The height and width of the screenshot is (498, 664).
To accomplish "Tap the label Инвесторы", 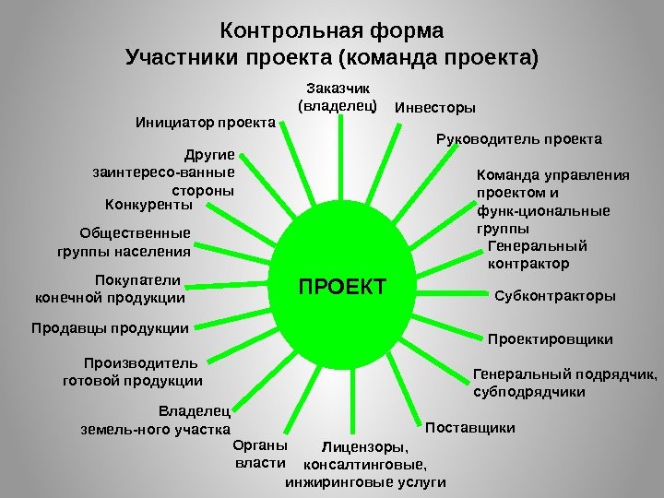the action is tap(435, 109).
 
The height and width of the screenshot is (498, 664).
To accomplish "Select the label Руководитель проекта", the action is tap(517, 139).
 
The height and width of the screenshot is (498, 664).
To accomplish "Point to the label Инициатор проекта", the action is tap(206, 121).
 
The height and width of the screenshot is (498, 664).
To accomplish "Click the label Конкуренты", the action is tap(148, 204).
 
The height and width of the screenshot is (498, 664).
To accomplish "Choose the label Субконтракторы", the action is tap(555, 296).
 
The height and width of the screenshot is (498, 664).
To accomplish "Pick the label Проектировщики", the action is tap(550, 339).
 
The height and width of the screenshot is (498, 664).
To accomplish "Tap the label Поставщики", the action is tap(470, 429).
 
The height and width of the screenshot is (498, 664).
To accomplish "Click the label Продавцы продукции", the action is tap(110, 327).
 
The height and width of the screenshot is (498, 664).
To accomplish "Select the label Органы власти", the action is tap(261, 453).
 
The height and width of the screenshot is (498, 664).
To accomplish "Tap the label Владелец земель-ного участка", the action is tap(157, 421).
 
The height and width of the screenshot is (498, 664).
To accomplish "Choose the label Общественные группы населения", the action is tap(124, 242).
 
